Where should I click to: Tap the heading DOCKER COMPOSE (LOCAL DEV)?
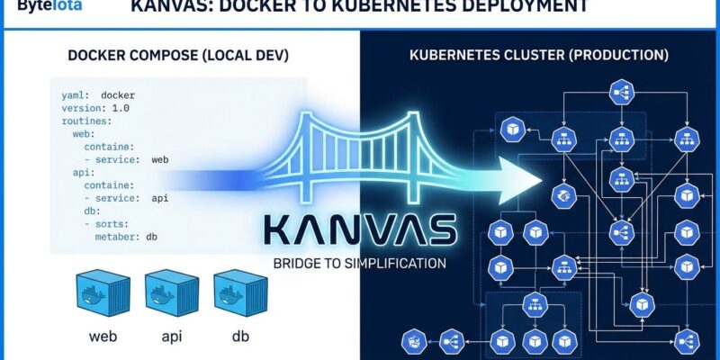(178, 56)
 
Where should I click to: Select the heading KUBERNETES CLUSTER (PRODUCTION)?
(539, 56)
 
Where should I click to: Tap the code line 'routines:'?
(86, 120)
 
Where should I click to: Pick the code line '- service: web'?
(126, 159)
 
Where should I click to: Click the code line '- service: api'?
(126, 198)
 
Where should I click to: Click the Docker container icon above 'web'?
(102, 294)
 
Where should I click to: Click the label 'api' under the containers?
(170, 338)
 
